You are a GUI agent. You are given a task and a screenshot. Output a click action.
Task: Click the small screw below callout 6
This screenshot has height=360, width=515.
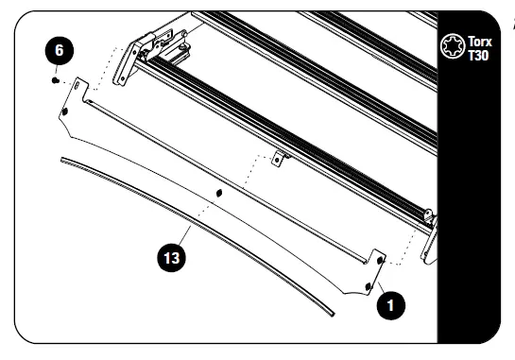click(56, 80)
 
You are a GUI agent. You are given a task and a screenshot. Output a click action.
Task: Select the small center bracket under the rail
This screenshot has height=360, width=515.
click(278, 157)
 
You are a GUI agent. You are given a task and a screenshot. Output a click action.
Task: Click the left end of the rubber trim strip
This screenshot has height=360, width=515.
click(63, 162)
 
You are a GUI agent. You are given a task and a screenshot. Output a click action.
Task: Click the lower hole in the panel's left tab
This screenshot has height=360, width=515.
click(65, 111)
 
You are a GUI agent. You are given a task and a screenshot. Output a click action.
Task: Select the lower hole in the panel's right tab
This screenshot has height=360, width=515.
click(368, 283)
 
